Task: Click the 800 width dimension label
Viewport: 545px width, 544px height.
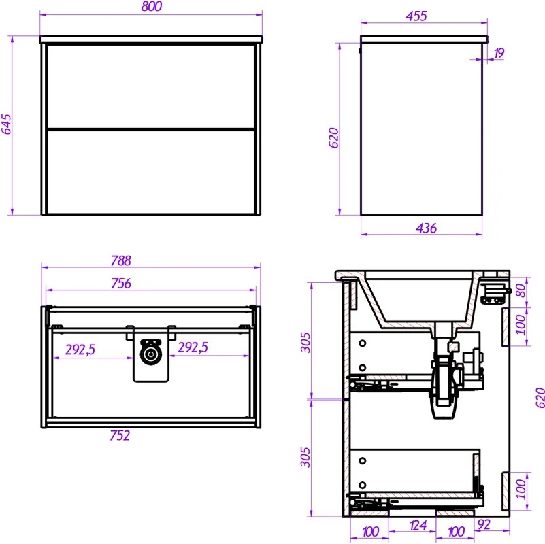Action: coord(152,6)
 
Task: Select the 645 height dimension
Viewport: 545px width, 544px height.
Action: coord(6,124)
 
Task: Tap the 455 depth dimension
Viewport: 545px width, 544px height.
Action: coord(416,16)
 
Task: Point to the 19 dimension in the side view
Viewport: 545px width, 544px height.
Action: coord(499,53)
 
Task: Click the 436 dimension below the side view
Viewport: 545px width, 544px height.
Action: coord(426,228)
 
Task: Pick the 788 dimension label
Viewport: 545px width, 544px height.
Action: coord(120,260)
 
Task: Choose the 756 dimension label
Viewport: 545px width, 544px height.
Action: coord(121,284)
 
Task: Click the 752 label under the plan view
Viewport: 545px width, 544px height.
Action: coord(120,435)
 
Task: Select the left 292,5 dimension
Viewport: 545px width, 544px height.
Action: coord(80,350)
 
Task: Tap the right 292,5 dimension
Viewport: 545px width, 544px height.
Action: coord(193,347)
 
